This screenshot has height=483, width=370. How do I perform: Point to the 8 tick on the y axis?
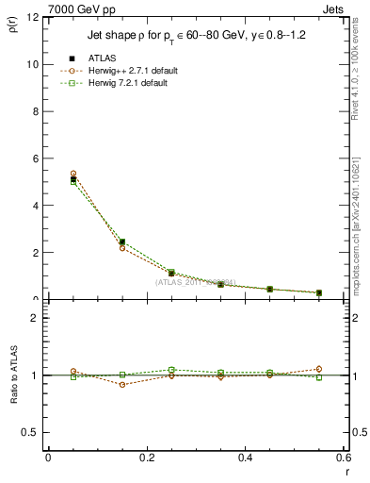(x=35, y=111)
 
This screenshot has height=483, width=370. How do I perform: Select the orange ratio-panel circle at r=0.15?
(x=122, y=385)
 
